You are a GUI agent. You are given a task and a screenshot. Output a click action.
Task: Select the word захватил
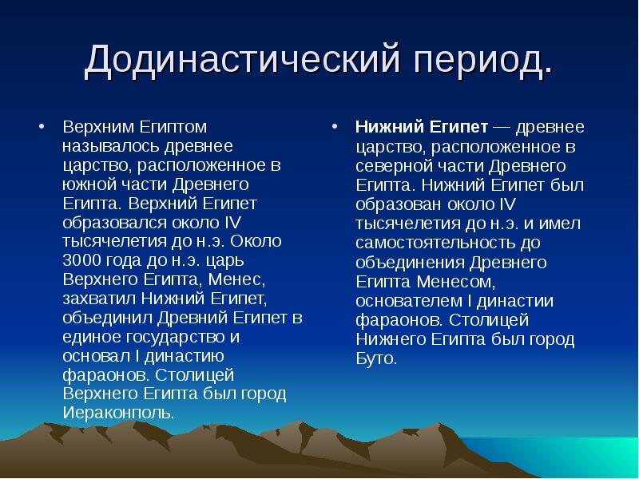pyautogui.click(x=99, y=299)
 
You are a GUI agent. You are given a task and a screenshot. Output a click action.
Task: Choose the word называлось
pyautogui.click(x=106, y=147)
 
